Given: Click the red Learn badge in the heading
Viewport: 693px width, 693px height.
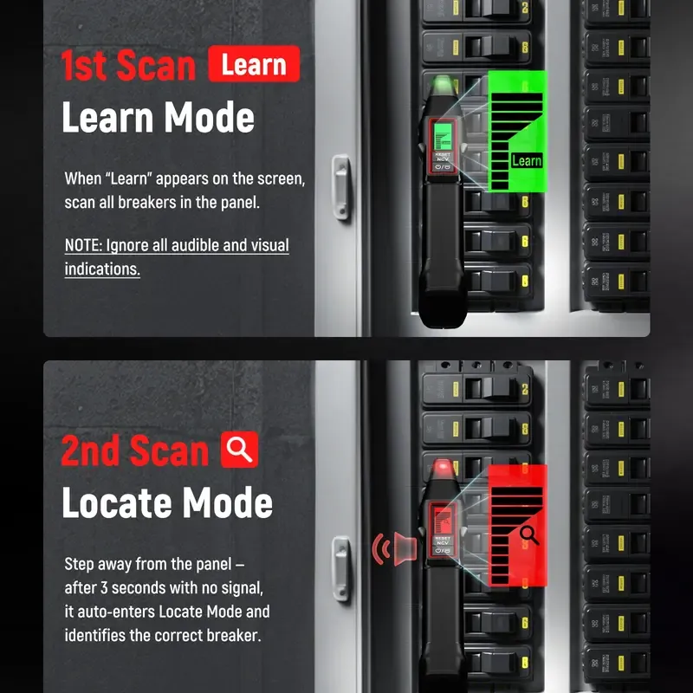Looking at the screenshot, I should (x=254, y=65).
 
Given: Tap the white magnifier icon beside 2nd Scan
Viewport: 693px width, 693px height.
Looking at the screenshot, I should (x=240, y=450).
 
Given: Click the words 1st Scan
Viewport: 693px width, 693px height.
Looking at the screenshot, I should (x=128, y=66).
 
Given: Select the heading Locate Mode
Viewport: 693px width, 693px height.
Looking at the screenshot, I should (x=167, y=502).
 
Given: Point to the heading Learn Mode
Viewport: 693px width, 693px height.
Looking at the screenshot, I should (x=158, y=118).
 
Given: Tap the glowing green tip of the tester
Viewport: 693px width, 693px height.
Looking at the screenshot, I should (x=444, y=85).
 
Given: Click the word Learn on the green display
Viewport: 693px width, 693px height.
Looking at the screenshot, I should (x=526, y=160).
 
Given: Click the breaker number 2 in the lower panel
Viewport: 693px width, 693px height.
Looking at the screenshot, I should (x=525, y=390).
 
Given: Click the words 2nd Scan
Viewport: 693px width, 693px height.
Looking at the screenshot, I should (x=135, y=451).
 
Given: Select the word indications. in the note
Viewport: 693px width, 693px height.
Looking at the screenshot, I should (x=102, y=269).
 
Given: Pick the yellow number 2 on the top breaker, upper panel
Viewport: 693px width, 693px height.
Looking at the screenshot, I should (x=525, y=8).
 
